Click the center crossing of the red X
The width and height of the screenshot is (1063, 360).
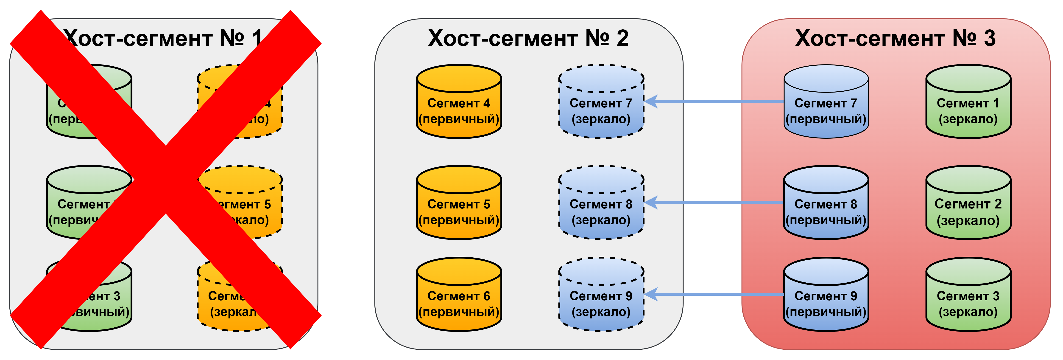(x=165, y=180)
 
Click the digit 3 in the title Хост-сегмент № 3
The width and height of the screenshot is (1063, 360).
(x=990, y=38)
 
